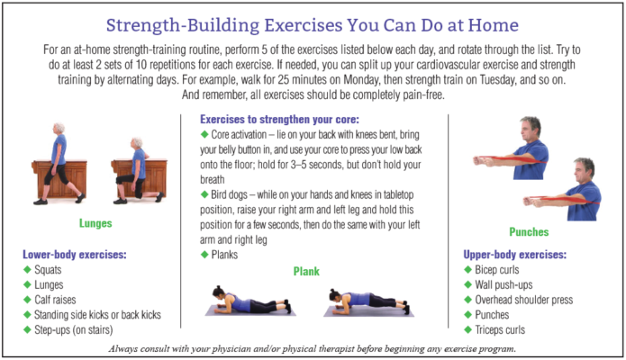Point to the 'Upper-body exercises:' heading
519,255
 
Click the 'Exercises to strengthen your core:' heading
281,119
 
